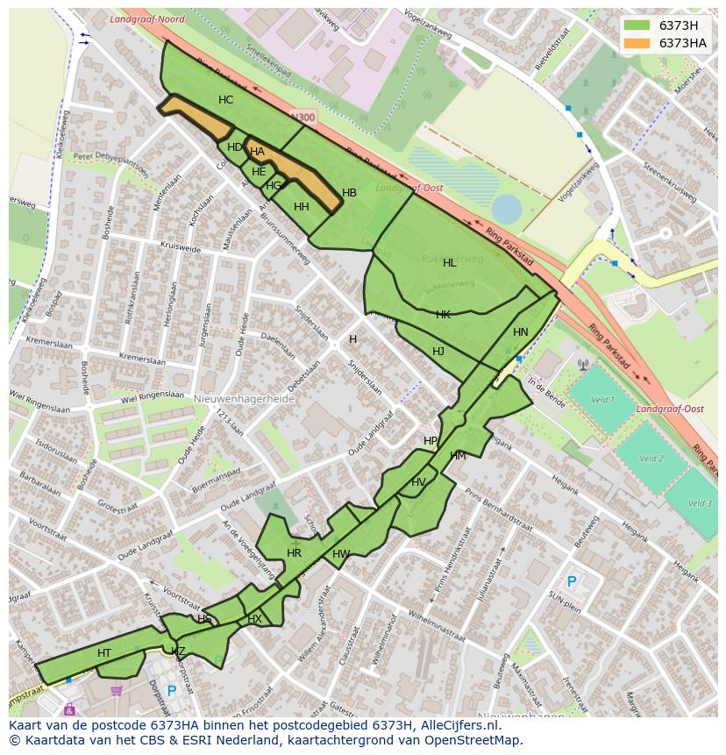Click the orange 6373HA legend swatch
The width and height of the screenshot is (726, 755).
click(x=637, y=43)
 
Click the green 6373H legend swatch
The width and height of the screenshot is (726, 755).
click(x=637, y=25)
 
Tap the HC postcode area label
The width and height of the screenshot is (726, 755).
click(x=225, y=100)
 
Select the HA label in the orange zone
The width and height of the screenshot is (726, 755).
click(x=257, y=152)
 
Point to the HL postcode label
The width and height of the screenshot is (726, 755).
click(x=449, y=263)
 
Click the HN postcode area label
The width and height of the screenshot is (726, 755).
click(x=521, y=332)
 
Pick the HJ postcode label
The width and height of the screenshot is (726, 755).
click(x=438, y=352)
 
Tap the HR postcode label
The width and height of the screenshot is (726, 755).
click(x=294, y=553)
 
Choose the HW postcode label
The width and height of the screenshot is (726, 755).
click(x=341, y=554)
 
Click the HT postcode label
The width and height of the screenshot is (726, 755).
click(x=104, y=653)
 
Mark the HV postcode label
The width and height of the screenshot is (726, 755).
click(x=418, y=482)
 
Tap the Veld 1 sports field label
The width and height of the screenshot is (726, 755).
click(x=602, y=400)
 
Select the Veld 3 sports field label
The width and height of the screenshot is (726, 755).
click(x=700, y=503)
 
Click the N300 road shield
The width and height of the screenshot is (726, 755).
click(x=302, y=117)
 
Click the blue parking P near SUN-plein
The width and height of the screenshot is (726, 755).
click(x=572, y=581)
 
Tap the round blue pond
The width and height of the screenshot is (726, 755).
click(x=507, y=209)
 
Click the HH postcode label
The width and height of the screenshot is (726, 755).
click(x=301, y=207)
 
